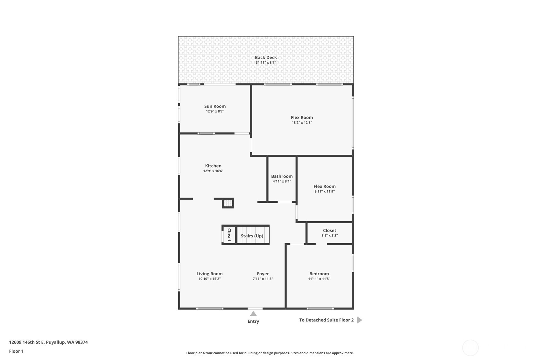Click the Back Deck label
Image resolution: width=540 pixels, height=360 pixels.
[x=266, y=57]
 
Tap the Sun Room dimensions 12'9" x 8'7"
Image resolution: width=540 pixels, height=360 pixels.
[x=215, y=111]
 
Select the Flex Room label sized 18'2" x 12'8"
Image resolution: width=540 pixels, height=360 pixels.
[x=302, y=117]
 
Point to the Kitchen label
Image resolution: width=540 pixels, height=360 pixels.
[x=213, y=166]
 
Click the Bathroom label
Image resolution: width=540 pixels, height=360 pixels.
[x=282, y=176]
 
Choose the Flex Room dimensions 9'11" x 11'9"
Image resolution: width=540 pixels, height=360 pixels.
[x=325, y=191]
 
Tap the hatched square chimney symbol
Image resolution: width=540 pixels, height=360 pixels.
[x=228, y=203]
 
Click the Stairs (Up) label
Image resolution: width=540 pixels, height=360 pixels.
[x=252, y=236]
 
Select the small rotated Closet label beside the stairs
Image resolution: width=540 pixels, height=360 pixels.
[x=229, y=235]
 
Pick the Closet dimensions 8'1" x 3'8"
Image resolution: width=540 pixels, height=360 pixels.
[x=330, y=236]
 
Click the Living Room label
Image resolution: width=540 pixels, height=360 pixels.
[x=209, y=274]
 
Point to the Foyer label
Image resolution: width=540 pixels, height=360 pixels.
[x=263, y=274]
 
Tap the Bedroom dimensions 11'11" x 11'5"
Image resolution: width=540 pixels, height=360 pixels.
[x=319, y=279]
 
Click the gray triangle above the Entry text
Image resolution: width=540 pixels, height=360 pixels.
[x=253, y=314]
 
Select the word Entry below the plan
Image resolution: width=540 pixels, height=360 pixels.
[x=253, y=321]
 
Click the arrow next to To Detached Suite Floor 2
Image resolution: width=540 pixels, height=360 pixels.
[x=360, y=320]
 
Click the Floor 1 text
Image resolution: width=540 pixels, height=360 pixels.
[x=17, y=351]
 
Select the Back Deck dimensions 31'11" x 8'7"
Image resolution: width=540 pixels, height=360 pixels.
[x=266, y=62]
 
